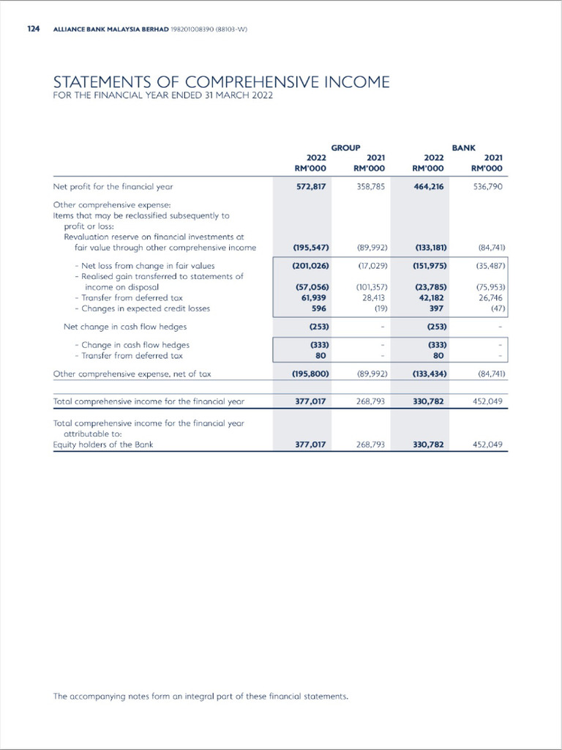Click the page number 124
coord(33,29)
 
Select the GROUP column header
coord(345,148)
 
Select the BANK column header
coord(463,148)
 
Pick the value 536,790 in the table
coord(487,187)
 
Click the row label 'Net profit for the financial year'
coord(113,187)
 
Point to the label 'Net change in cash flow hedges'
coord(124,326)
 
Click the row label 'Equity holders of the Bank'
coord(103,445)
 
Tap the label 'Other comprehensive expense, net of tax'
coord(132,374)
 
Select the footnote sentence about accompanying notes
coord(201,696)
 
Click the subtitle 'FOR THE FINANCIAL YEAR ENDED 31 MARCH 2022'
coord(162,96)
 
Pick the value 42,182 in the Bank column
coord(431,298)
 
